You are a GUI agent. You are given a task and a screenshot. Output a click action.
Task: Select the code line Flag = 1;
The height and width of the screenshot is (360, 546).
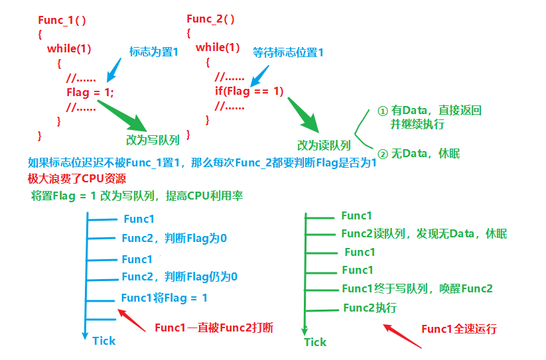(90, 92)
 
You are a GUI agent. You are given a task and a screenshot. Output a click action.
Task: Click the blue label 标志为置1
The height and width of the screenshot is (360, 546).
(154, 52)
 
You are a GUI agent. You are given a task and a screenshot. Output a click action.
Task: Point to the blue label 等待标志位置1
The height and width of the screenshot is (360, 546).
(288, 52)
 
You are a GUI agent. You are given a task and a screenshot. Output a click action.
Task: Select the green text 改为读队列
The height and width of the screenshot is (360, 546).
(324, 145)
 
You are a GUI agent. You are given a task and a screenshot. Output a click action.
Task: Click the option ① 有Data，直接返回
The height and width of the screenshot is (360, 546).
(429, 111)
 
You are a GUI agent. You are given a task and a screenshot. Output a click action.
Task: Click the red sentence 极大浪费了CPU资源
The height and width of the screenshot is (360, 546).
(77, 178)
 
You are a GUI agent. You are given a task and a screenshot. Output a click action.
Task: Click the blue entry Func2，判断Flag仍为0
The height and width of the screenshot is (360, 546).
(179, 276)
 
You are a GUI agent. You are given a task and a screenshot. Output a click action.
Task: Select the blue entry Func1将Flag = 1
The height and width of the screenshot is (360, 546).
(164, 298)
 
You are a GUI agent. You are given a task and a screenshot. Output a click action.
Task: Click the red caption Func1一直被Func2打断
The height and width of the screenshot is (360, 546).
(214, 328)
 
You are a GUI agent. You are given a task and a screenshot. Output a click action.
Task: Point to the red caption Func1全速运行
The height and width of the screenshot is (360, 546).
(458, 329)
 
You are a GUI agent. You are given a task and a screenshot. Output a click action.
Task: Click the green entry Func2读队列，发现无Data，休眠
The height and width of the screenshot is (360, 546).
(424, 233)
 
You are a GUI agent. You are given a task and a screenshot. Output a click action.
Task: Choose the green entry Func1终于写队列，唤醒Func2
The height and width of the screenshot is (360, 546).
(417, 288)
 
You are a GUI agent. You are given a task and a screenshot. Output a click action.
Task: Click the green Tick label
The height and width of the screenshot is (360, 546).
(315, 342)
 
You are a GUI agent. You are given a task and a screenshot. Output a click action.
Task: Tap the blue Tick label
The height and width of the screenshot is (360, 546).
(103, 341)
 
